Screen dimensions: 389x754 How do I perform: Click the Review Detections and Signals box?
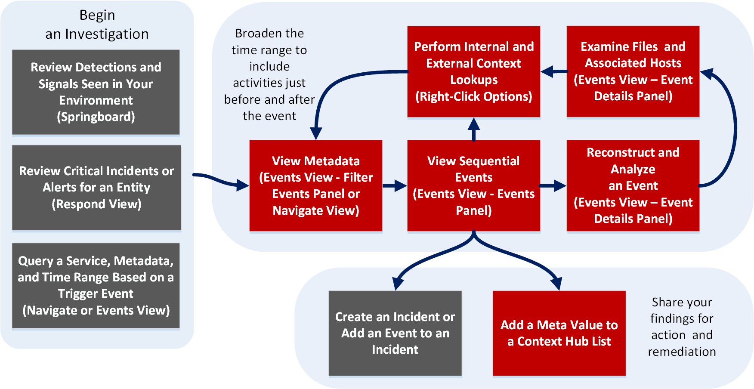pyautogui.click(x=96, y=92)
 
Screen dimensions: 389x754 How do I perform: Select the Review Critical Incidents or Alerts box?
pyautogui.click(x=96, y=187)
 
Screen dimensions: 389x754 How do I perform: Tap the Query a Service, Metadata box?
pyautogui.click(x=96, y=285)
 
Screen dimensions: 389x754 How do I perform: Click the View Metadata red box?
pyautogui.click(x=316, y=185)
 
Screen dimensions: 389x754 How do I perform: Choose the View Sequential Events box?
pyautogui.click(x=473, y=185)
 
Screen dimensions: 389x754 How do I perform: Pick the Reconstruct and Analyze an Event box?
pyautogui.click(x=633, y=185)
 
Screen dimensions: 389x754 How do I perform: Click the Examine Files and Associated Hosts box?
pyautogui.click(x=633, y=71)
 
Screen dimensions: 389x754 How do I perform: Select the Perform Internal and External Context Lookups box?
pyautogui.click(x=473, y=71)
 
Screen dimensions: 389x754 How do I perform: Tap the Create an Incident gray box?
pyautogui.click(x=395, y=333)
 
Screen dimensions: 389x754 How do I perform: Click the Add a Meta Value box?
pyautogui.click(x=559, y=333)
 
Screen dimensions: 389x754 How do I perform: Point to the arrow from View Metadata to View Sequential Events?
pyautogui.click(x=394, y=186)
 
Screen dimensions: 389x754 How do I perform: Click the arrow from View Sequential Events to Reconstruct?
pyautogui.click(x=553, y=186)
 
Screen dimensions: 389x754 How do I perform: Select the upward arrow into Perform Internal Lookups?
pyautogui.click(x=474, y=129)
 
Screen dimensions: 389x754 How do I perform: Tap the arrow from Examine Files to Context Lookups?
pyautogui.click(x=553, y=72)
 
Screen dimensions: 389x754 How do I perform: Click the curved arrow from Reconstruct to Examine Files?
pyautogui.click(x=732, y=129)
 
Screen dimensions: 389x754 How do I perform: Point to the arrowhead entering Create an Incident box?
pyautogui.click(x=398, y=284)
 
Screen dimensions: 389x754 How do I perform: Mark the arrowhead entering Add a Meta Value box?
pyautogui.click(x=557, y=284)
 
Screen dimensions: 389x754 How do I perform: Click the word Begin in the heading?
pyautogui.click(x=97, y=15)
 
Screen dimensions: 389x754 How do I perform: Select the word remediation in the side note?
pyautogui.click(x=682, y=352)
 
